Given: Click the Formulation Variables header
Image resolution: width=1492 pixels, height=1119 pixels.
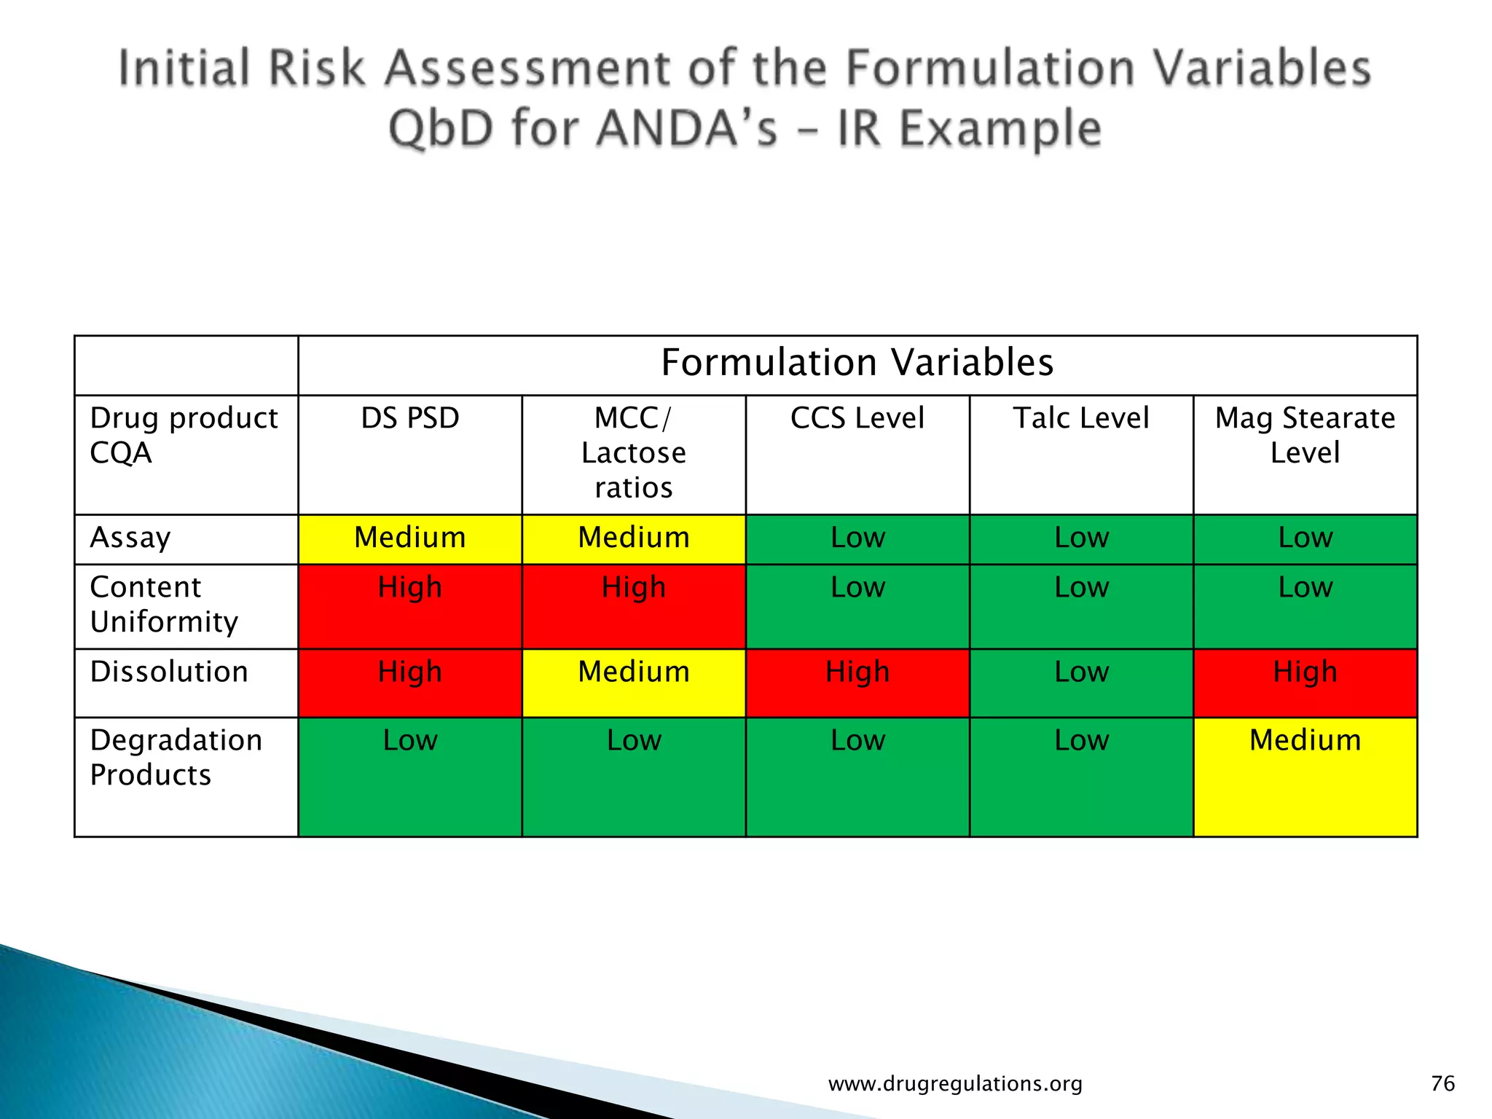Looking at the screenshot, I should pos(857,363).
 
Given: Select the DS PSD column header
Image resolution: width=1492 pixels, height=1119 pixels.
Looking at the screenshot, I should pos(410,418).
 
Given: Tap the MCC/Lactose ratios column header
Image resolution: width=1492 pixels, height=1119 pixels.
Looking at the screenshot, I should pos(633,452).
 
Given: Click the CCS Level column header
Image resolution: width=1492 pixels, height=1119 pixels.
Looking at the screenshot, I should pos(857,418).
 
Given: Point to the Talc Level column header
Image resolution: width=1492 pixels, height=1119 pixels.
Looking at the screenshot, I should pos(1081,418).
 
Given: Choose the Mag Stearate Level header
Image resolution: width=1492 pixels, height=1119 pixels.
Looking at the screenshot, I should pos(1305,435).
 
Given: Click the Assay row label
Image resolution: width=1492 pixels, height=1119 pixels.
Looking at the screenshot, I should pos(130,538).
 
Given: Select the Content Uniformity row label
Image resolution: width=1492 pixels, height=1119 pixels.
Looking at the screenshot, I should pos(164,605).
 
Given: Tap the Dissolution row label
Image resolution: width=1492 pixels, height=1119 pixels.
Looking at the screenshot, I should pos(169,672).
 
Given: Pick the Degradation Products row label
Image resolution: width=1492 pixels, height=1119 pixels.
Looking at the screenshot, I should pos(176,758).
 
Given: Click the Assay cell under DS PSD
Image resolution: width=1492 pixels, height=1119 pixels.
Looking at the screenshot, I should pos(410,538).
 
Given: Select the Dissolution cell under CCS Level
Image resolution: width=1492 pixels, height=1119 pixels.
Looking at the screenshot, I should pos(857,672).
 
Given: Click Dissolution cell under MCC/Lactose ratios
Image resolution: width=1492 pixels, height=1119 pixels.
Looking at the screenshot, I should pos(633,672).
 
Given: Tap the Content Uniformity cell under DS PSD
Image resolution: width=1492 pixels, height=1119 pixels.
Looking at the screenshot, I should pos(410,588).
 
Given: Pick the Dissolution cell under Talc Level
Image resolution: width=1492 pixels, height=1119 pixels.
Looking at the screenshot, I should pos(1081,672).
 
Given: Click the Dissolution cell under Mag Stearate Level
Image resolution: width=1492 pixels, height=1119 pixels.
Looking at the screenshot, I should pos(1305,672).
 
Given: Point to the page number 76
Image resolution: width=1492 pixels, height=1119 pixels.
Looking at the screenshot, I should pos(1442,1083).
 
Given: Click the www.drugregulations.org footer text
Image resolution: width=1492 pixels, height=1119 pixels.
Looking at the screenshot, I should pos(955,1084).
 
